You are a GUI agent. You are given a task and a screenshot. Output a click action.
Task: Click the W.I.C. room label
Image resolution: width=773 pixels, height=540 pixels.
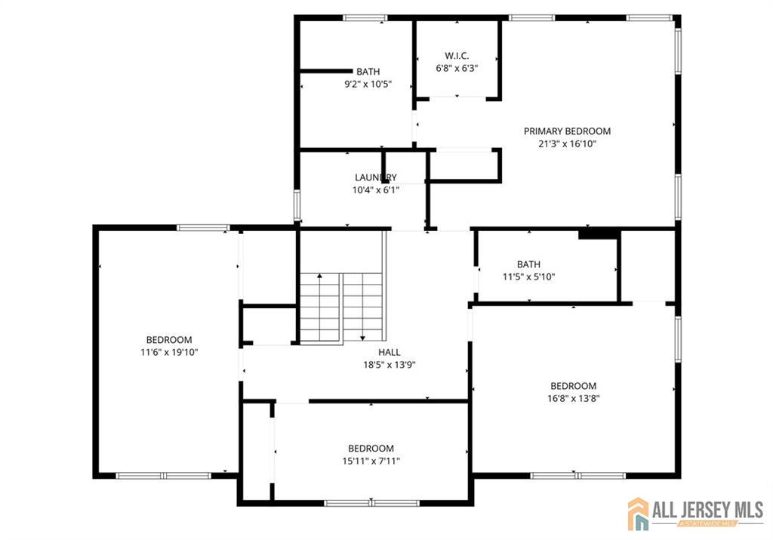457,56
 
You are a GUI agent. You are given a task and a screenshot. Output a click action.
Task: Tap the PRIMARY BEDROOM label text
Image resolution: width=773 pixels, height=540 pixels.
567,131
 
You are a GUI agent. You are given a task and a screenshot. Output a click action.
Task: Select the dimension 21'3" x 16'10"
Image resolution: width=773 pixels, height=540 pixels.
567,144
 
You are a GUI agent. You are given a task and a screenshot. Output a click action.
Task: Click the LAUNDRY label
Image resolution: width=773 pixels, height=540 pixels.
376,177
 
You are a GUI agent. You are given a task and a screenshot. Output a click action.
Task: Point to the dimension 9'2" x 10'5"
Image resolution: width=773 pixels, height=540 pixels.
368,85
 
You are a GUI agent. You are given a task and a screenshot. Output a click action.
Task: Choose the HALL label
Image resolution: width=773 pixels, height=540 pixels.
389,352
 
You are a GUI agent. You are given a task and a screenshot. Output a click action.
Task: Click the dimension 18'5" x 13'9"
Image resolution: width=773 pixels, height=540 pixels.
389,365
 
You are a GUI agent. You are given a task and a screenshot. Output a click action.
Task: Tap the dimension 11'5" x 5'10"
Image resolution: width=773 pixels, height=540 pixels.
528,277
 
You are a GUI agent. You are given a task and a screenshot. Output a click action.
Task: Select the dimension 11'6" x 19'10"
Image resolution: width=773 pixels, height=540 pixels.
169,352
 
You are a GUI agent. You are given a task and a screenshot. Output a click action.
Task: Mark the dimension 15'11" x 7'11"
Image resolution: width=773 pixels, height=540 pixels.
371,461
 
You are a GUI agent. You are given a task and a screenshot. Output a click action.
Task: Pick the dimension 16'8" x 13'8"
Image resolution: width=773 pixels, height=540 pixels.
574,399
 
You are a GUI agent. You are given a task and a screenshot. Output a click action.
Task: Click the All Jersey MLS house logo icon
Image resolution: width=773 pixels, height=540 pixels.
638,514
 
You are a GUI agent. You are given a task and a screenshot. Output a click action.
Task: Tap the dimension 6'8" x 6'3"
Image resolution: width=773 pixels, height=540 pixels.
457,68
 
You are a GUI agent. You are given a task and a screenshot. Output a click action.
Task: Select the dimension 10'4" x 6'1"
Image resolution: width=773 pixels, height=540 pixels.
376,190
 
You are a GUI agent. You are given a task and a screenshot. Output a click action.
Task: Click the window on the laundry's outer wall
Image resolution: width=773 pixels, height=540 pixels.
297,205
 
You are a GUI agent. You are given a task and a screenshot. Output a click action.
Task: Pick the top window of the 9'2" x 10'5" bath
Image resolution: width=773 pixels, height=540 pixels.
365,18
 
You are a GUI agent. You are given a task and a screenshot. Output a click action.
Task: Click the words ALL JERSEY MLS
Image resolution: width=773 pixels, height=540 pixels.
708,510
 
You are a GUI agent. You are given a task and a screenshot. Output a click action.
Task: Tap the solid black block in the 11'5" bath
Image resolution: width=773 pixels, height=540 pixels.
599,234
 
